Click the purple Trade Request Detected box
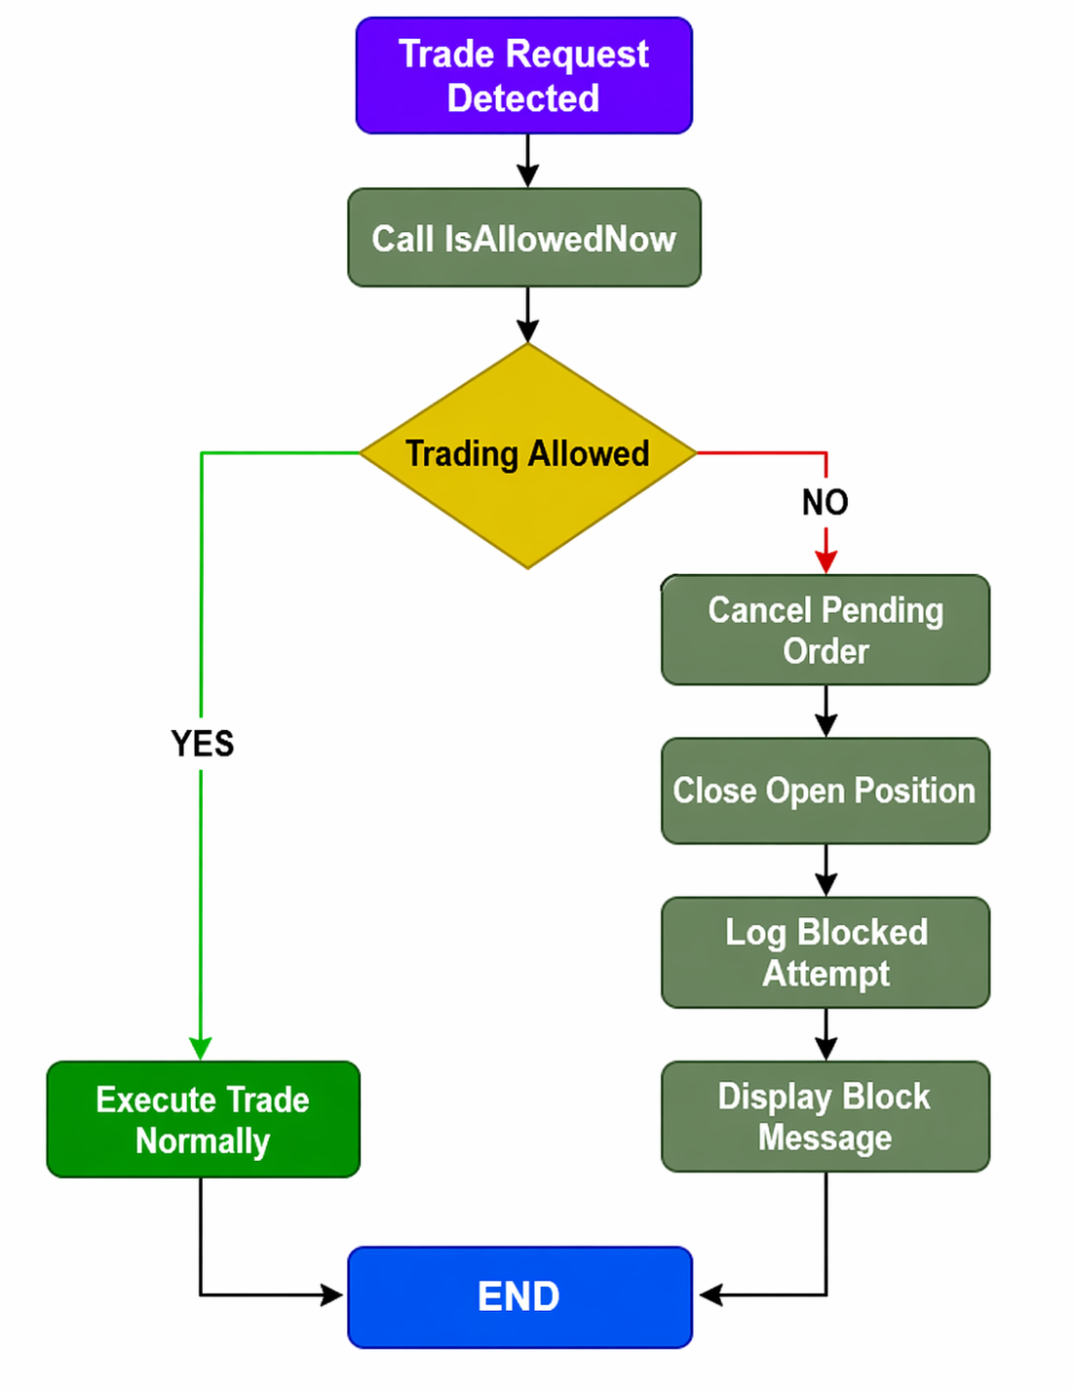(523, 76)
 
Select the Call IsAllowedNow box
(523, 239)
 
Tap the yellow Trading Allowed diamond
(527, 454)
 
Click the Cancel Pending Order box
(825, 630)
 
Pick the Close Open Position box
(825, 791)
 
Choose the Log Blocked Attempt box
(825, 952)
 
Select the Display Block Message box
(825, 1116)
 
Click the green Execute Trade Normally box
(203, 1119)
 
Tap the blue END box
(519, 1296)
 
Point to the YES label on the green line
(203, 744)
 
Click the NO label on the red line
(825, 503)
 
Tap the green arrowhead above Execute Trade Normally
(201, 1049)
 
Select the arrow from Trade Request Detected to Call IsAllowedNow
(527, 162)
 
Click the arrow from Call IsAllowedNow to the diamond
(527, 315)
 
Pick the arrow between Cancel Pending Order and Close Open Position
(826, 712)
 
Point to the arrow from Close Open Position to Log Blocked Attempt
(826, 870)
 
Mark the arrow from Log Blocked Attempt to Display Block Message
(826, 1034)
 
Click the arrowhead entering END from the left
(332, 1295)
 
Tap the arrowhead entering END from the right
(710, 1295)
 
